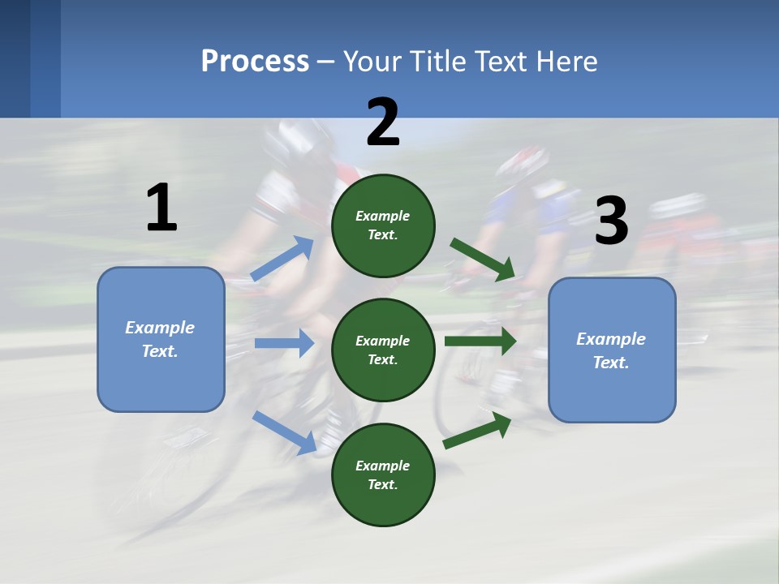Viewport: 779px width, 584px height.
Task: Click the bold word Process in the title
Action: [255, 62]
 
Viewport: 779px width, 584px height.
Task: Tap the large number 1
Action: [161, 208]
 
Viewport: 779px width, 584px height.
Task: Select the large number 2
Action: [383, 122]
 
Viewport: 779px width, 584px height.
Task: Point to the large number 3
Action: [611, 221]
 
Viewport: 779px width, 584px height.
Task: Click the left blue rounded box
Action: [161, 339]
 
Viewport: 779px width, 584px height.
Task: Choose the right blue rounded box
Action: [612, 350]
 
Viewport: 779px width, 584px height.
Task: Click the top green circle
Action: [383, 225]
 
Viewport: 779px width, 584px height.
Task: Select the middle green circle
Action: [383, 350]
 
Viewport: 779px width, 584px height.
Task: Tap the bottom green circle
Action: [383, 474]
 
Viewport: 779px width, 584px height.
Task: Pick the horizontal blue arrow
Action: [284, 343]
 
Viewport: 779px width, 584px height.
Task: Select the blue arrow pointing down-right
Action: [284, 432]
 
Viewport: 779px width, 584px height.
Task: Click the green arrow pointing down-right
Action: [483, 260]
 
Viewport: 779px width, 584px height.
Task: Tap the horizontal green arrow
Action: [480, 341]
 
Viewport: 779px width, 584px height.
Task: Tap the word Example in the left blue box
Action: [160, 328]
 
